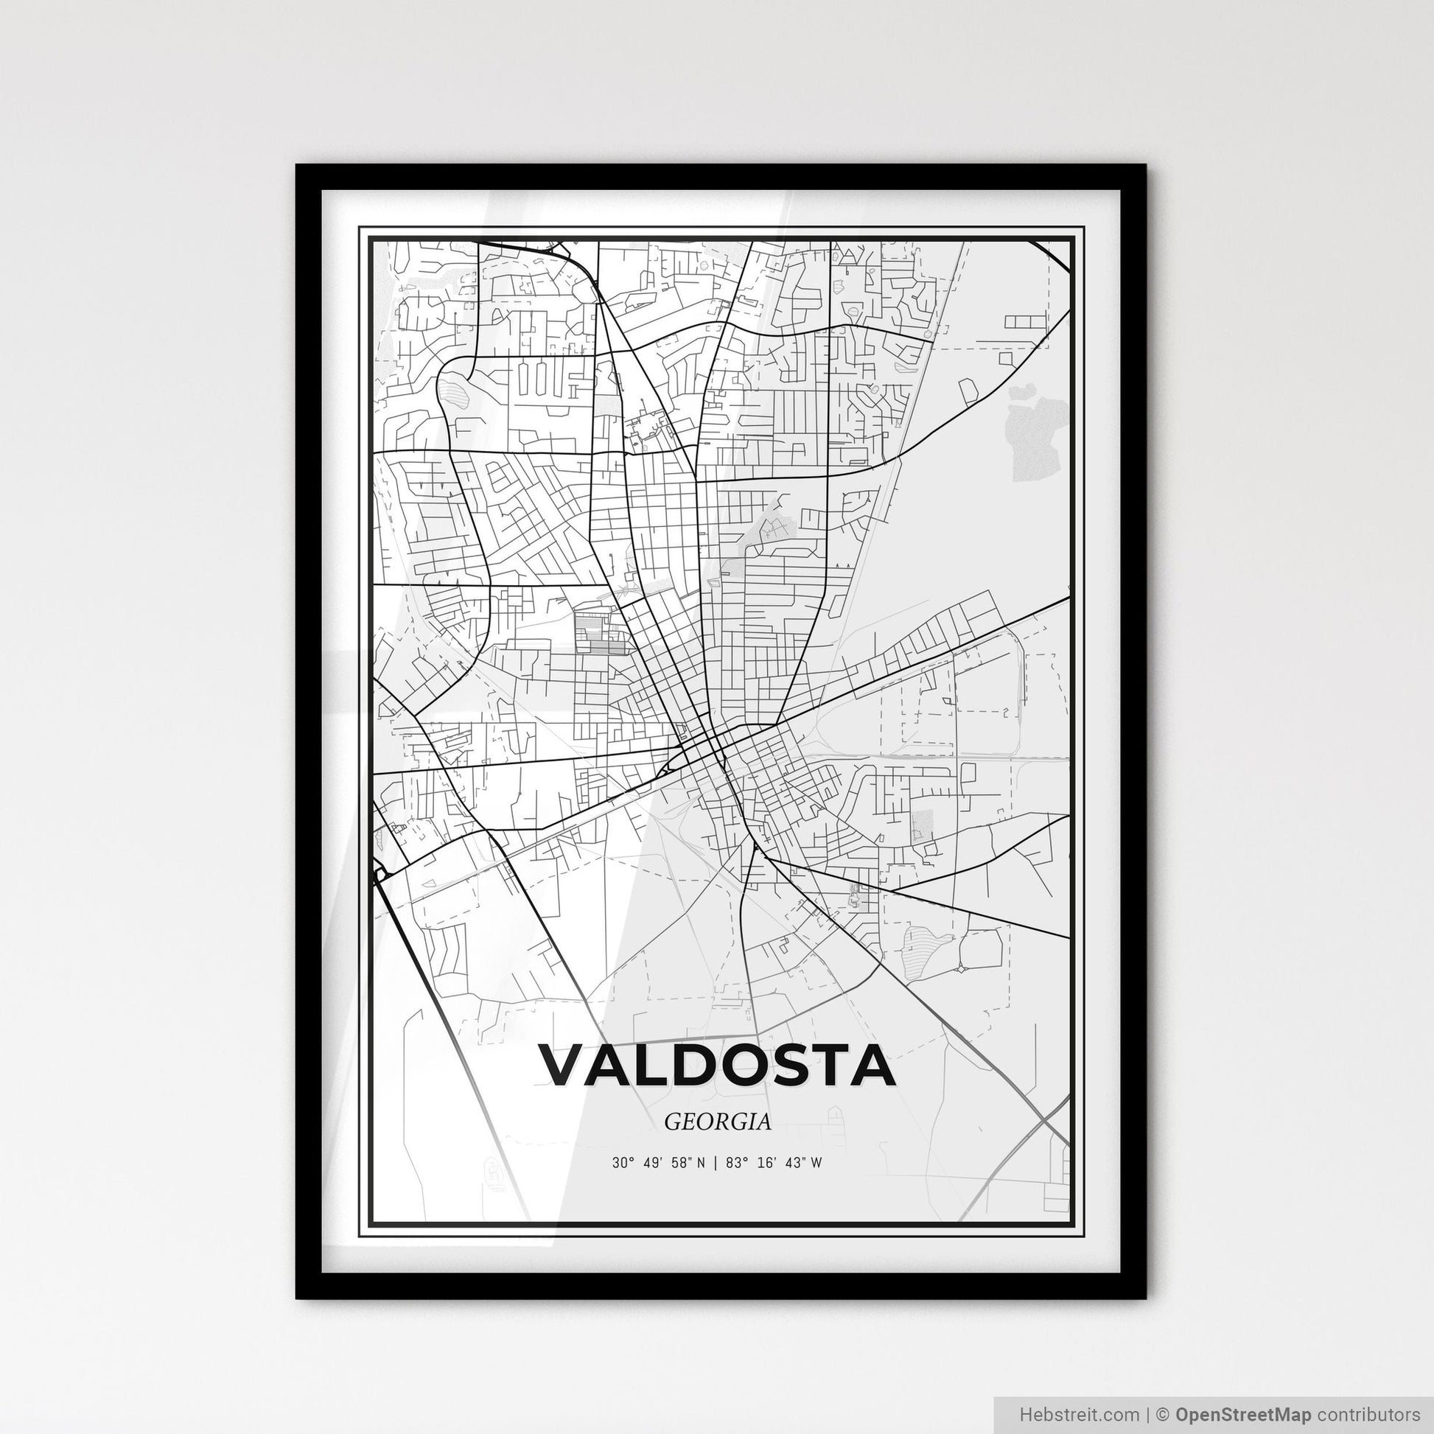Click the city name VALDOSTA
coord(716,1066)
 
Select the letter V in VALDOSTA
coord(566,1066)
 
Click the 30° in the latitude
coord(621,1163)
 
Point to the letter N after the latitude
coord(701,1163)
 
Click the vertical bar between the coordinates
coord(713,1163)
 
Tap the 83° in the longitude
coord(735,1163)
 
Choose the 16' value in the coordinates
coord(765,1163)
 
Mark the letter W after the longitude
coord(816,1163)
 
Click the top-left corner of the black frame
coord(297,166)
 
